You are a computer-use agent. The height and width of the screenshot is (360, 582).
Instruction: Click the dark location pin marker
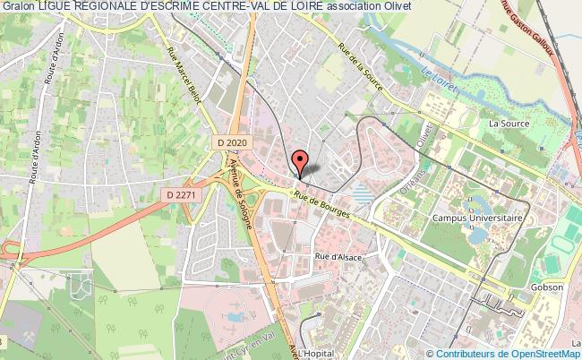pyautogui.click(x=301, y=161)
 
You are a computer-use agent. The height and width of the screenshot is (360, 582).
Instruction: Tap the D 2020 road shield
pyautogui.click(x=232, y=141)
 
